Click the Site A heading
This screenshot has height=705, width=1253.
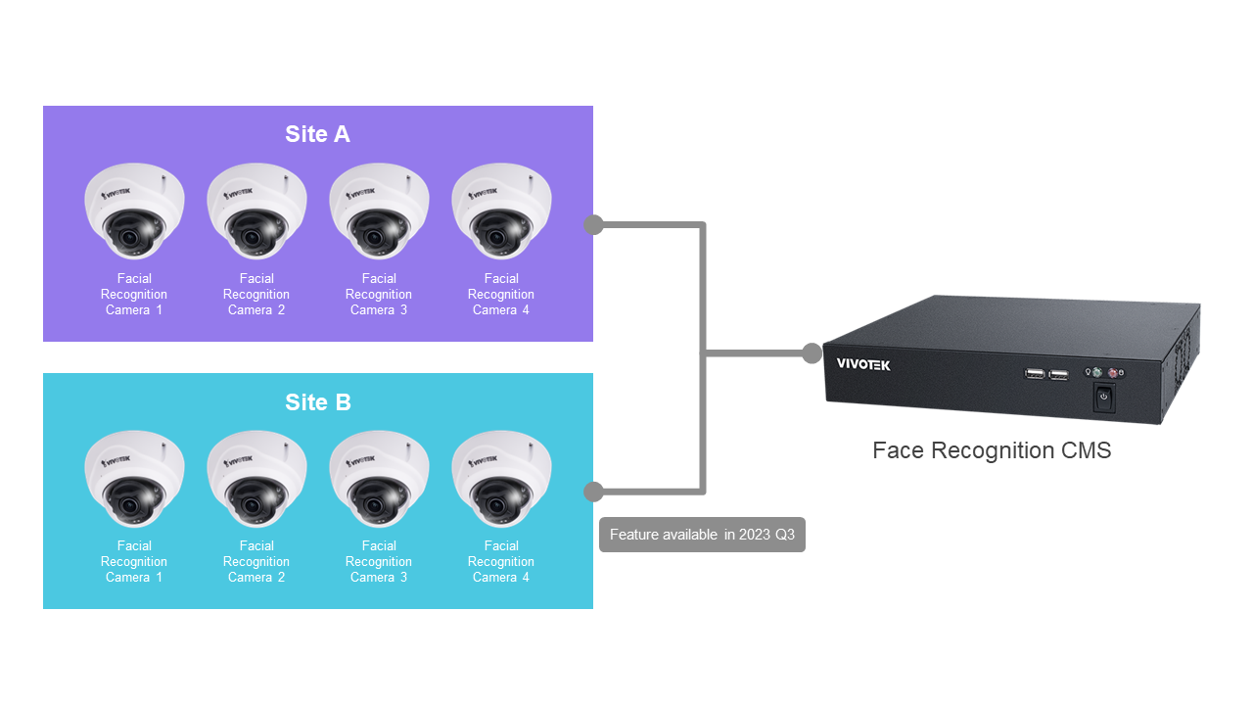[317, 134]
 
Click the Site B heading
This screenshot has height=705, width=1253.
[317, 402]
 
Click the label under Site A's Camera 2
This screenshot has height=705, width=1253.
[256, 294]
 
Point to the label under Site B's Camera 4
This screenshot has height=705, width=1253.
[501, 561]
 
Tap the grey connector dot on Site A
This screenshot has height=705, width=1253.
[593, 225]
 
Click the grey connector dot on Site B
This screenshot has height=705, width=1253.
[593, 492]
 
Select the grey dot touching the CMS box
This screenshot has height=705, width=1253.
[812, 353]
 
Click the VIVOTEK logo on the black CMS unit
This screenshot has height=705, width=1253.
[863, 364]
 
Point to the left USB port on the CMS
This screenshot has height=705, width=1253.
[1034, 373]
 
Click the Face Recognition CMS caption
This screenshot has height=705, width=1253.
[992, 450]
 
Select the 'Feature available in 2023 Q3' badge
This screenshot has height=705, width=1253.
[702, 535]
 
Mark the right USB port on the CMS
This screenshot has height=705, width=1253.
[1058, 374]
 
